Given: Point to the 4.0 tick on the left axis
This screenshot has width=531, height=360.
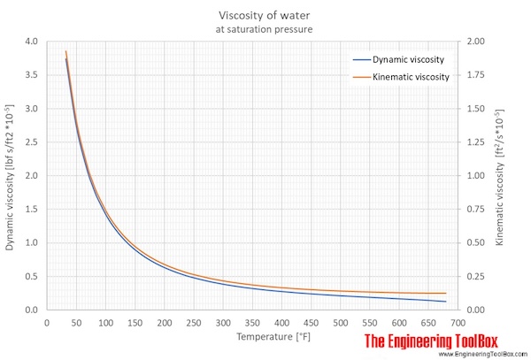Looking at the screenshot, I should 33,42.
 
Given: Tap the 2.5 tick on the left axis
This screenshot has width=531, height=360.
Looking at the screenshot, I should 33,142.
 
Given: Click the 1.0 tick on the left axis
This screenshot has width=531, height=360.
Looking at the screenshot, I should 33,242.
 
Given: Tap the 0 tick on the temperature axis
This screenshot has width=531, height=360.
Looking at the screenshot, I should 46,323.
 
